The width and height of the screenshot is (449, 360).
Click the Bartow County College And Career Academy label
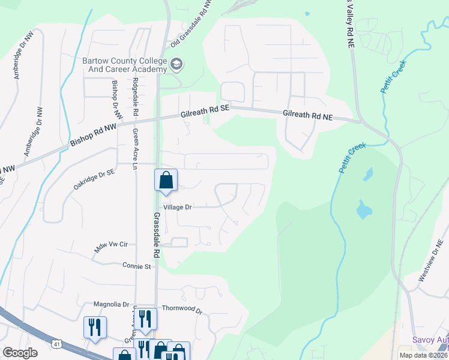coord(124,65)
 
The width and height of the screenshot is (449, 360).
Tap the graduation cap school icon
coord(176,64)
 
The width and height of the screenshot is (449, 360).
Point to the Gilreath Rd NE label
coord(307,113)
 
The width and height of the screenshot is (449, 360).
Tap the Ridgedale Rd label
coord(136,97)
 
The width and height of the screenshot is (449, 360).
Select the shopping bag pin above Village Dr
coord(166,180)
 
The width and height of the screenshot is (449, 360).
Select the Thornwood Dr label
coord(182,309)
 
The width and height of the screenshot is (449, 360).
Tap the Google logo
coord(20,353)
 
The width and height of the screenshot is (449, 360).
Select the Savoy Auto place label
coord(430,340)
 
